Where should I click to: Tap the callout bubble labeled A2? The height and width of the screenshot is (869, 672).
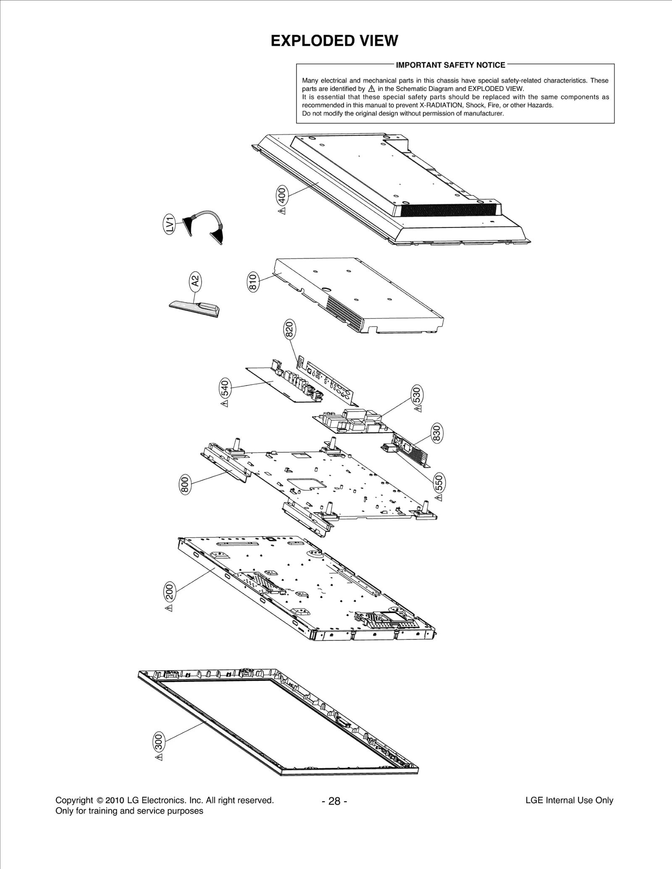195,280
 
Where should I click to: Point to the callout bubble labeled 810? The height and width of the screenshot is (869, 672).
253,282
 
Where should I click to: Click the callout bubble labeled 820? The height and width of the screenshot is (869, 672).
290,329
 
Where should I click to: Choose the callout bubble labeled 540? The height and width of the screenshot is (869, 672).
225,388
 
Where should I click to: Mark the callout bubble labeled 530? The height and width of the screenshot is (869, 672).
417,395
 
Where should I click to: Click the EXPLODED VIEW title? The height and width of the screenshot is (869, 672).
334,41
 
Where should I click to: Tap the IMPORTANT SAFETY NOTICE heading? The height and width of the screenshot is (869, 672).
451,65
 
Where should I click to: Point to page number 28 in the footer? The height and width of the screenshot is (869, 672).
334,801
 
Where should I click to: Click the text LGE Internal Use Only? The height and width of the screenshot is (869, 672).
569,800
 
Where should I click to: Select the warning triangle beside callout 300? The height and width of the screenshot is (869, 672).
159,768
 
